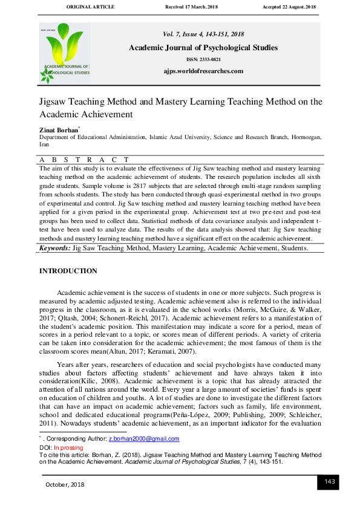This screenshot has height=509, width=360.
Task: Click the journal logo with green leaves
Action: [65, 53]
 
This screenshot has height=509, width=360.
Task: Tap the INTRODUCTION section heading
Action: [68, 271]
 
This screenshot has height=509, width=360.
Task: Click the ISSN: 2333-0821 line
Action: [203, 60]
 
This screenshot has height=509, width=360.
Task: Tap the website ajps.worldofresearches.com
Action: [203, 71]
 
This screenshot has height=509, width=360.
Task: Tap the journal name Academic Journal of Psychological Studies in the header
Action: [203, 48]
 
